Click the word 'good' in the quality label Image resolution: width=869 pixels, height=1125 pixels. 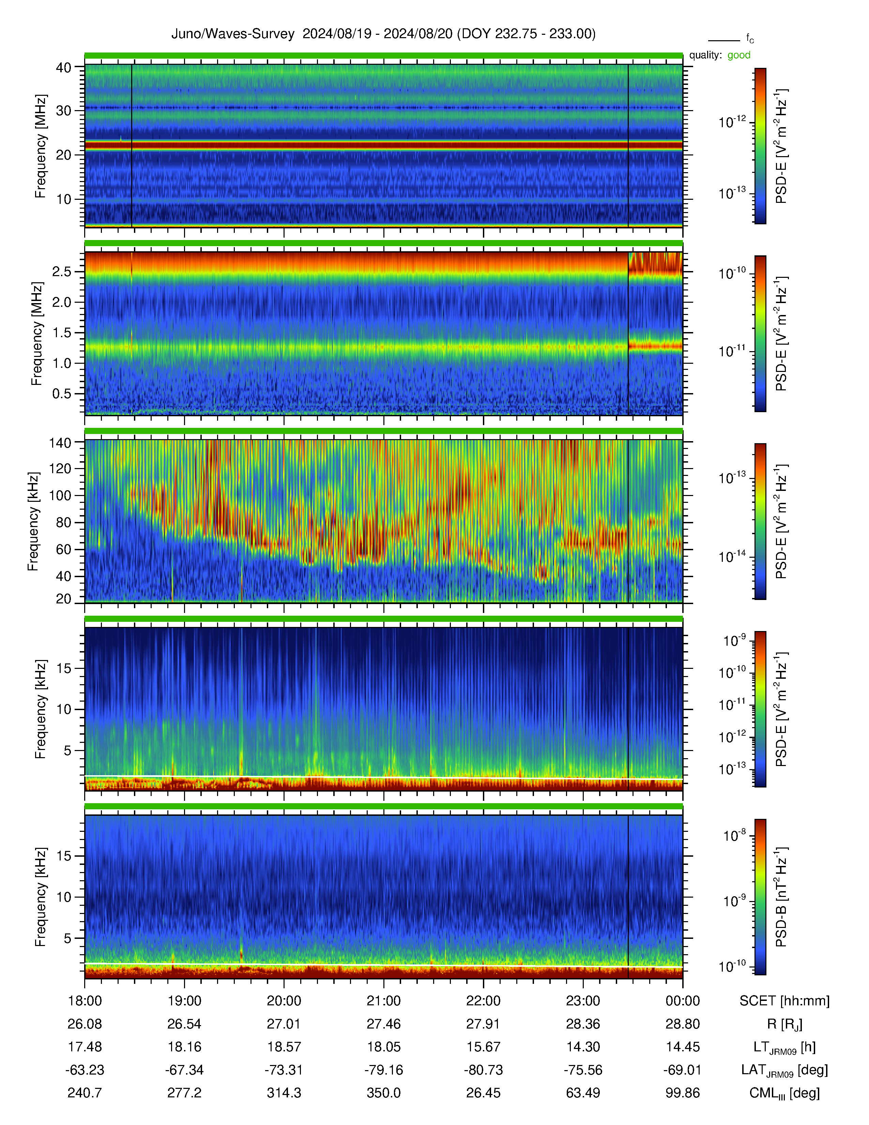(x=739, y=55)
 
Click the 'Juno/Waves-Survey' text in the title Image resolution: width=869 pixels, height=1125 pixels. (x=233, y=34)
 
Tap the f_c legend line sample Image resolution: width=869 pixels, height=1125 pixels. (x=724, y=40)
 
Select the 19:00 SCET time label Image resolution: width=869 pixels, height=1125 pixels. (x=184, y=1001)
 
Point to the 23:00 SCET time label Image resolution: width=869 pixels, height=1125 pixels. (x=583, y=1001)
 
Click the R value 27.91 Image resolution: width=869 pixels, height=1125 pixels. (x=484, y=1024)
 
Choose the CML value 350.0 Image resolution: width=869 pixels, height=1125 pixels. (x=383, y=1093)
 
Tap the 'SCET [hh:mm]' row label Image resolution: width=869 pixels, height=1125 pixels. (x=784, y=1001)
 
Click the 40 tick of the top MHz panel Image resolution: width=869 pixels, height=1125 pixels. (x=64, y=67)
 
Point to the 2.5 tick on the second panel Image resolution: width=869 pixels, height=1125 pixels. (x=62, y=271)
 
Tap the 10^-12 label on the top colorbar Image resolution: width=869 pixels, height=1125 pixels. (x=733, y=122)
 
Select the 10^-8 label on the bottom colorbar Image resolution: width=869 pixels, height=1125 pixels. (x=735, y=835)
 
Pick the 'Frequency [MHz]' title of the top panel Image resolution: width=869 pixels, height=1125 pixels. (x=40, y=146)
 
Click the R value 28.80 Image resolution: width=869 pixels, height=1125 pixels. (x=683, y=1024)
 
